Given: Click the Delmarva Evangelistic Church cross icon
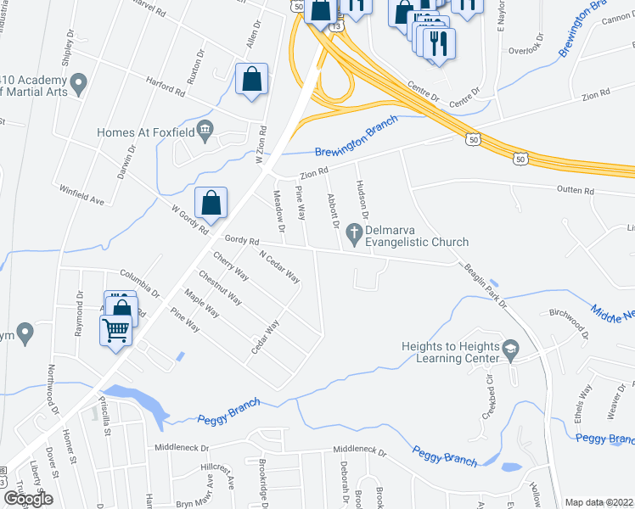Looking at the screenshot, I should pos(355,230).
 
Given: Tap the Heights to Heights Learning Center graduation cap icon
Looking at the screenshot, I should pos(510,350).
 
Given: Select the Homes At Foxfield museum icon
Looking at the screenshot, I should pos(205,130).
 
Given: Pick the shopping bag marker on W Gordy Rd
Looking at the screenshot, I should pos(211,204).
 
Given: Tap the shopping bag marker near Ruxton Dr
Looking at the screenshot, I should pos(252,81).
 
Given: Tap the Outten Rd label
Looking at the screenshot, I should pos(576,191).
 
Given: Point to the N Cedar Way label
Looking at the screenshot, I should pos(279,266).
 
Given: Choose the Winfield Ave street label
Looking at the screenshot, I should pos(81,195).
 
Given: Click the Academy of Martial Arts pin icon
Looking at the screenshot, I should pos(79,84).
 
